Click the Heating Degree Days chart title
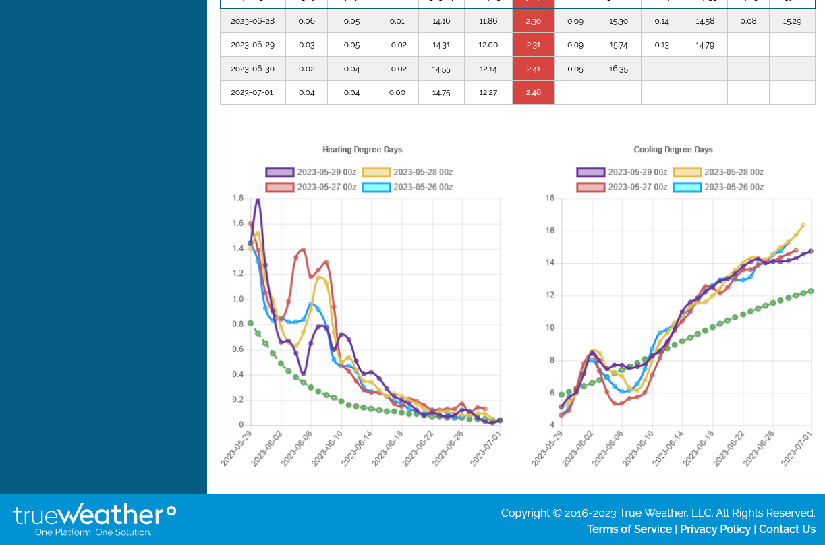point(362,150)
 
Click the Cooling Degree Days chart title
point(673,150)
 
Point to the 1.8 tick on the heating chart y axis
point(238,198)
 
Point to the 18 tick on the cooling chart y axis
point(550,198)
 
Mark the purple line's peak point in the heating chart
point(258,200)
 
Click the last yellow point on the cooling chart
point(803,225)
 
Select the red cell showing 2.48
point(533,92)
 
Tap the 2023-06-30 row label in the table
point(252,69)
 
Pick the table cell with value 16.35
point(618,69)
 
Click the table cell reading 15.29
point(792,21)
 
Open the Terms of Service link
point(629,529)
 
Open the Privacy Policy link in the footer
point(715,529)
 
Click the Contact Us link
point(787,529)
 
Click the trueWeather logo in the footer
point(94,519)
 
